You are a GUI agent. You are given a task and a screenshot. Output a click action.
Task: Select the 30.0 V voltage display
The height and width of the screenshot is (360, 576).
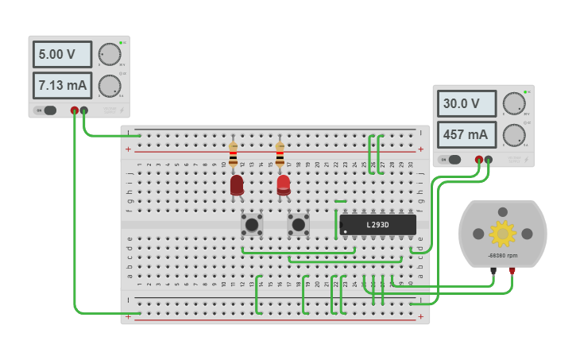(466, 103)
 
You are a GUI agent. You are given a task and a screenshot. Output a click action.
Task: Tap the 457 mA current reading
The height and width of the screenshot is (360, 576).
(466, 134)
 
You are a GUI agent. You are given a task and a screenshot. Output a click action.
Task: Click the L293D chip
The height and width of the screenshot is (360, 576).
(377, 225)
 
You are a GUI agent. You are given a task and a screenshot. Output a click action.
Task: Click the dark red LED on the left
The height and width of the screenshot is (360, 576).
(237, 185)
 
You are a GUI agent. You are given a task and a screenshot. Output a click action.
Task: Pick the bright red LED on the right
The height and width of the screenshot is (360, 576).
(284, 185)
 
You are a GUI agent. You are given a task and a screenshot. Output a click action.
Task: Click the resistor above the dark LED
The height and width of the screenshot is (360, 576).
(233, 155)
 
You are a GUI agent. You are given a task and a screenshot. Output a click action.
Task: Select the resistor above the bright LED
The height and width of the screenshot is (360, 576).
(280, 155)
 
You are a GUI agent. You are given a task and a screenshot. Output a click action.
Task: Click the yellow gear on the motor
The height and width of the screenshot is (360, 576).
(502, 233)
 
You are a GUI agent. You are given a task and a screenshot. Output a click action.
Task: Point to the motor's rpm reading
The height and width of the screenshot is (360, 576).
(502, 256)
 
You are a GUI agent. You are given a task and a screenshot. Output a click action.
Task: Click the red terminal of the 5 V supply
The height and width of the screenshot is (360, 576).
(75, 110)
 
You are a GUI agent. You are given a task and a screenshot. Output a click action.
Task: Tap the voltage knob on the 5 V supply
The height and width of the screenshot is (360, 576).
(110, 54)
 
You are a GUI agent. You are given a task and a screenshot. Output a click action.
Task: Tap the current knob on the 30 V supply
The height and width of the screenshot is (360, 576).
(514, 134)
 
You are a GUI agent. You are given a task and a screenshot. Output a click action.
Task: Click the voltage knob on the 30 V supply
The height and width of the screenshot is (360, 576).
(514, 103)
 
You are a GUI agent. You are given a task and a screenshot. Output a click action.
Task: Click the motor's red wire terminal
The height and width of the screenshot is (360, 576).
(512, 271)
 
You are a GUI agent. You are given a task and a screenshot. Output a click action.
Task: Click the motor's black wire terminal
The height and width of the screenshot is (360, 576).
(493, 271)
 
